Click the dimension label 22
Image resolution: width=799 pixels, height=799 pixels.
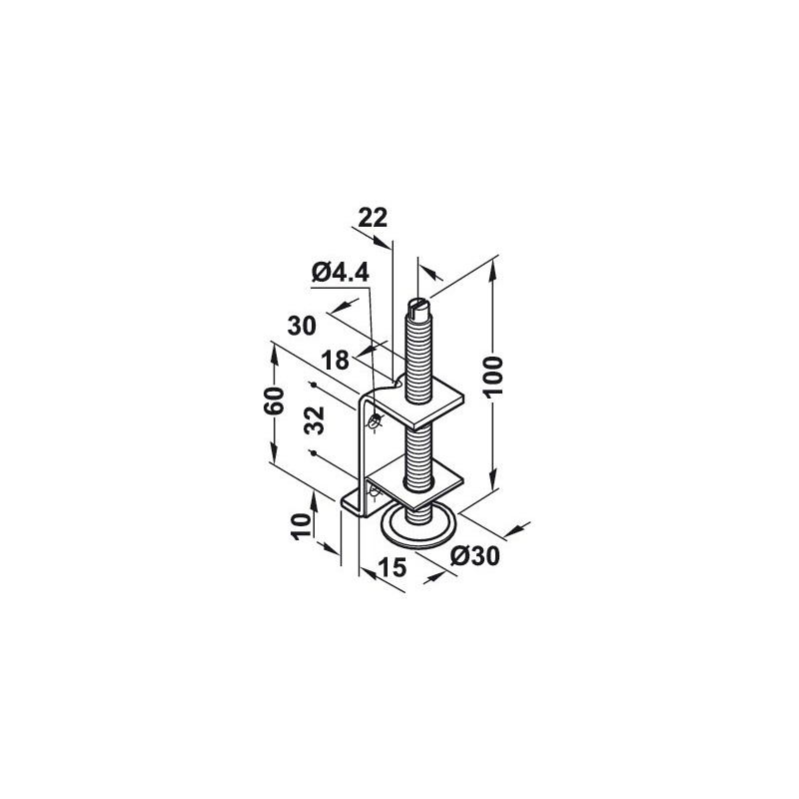pos(373,218)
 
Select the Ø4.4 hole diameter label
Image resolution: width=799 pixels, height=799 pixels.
pos(341,274)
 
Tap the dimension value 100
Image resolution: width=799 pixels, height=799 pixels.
pos(493,377)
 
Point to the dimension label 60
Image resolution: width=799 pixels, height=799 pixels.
pos(275,402)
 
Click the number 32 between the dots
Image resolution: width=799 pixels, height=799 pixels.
pos(315,419)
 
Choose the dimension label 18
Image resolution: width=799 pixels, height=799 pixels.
pos(336,361)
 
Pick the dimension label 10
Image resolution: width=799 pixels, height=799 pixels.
pos(301,525)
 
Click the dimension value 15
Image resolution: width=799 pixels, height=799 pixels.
pos(393,567)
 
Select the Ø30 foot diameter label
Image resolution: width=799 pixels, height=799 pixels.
pos(475,556)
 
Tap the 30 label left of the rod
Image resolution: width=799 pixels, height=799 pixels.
pos(302,326)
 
